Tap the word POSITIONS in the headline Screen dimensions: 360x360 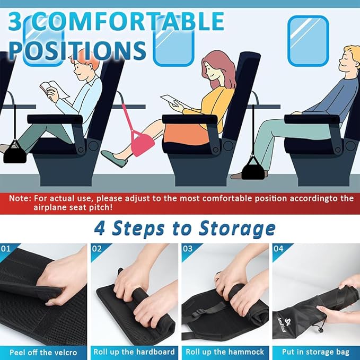[x=77, y=49]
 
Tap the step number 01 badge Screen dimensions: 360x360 [x=6, y=248]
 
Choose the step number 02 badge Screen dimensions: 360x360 [x=97, y=248]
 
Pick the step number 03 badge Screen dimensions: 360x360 [x=188, y=248]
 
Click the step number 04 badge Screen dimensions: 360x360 [x=278, y=248]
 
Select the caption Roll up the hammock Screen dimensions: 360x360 [x=224, y=352]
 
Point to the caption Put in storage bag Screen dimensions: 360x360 [x=315, y=352]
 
